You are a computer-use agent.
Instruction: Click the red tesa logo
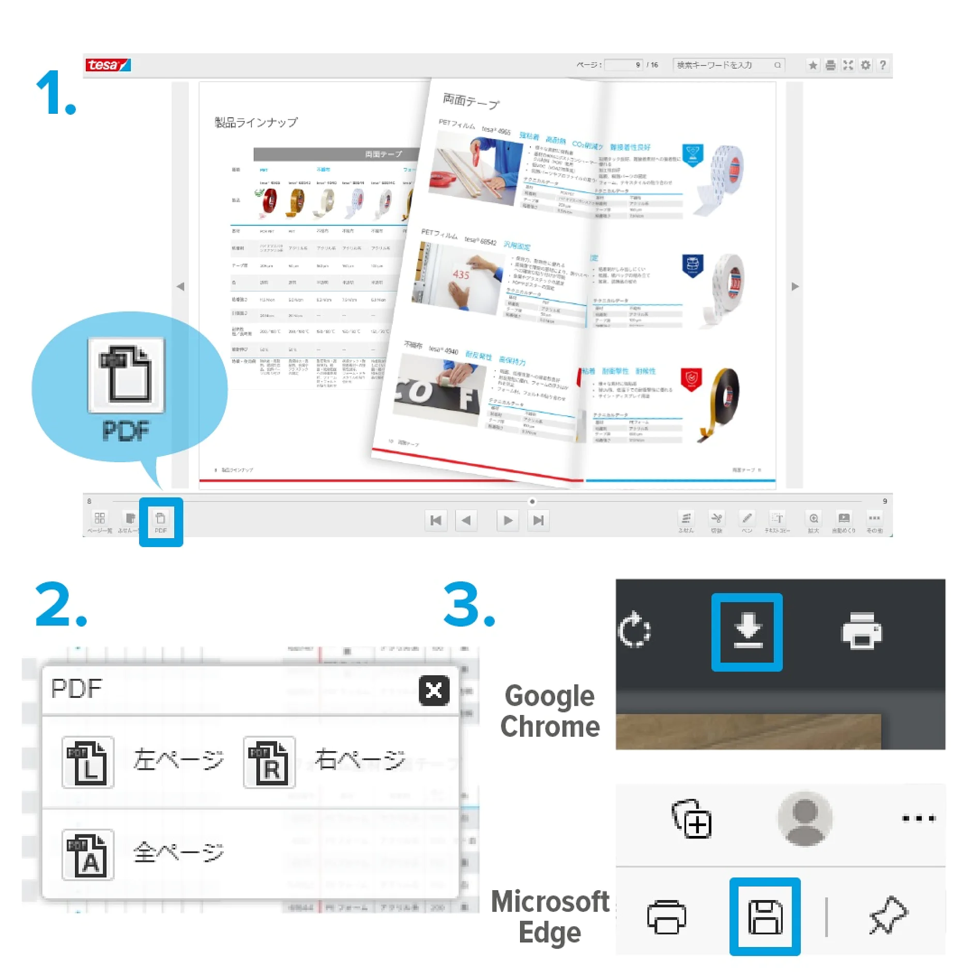point(108,65)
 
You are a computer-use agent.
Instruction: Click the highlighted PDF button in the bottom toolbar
point(161,521)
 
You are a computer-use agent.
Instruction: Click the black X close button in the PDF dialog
point(433,690)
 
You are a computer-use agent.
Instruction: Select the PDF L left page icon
point(88,762)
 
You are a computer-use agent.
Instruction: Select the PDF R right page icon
point(269,762)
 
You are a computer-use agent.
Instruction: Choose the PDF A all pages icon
point(88,854)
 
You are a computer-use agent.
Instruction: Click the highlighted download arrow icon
point(747,631)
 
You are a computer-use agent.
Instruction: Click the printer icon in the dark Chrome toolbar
point(861,630)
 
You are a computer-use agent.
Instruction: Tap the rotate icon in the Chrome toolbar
point(634,629)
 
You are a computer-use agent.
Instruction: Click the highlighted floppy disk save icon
point(765,916)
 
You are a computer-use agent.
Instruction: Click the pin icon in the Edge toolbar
point(888,915)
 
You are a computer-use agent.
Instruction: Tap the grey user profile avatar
point(804,818)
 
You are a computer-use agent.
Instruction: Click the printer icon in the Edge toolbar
point(666,917)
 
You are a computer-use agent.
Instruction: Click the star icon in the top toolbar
point(813,65)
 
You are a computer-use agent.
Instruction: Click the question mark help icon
point(882,65)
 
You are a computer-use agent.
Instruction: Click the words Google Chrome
point(550,711)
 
